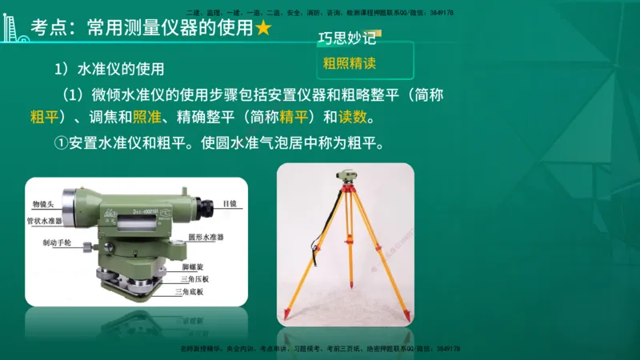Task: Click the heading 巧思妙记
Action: click(346, 38)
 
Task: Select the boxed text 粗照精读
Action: click(350, 62)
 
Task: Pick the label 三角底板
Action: click(189, 293)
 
